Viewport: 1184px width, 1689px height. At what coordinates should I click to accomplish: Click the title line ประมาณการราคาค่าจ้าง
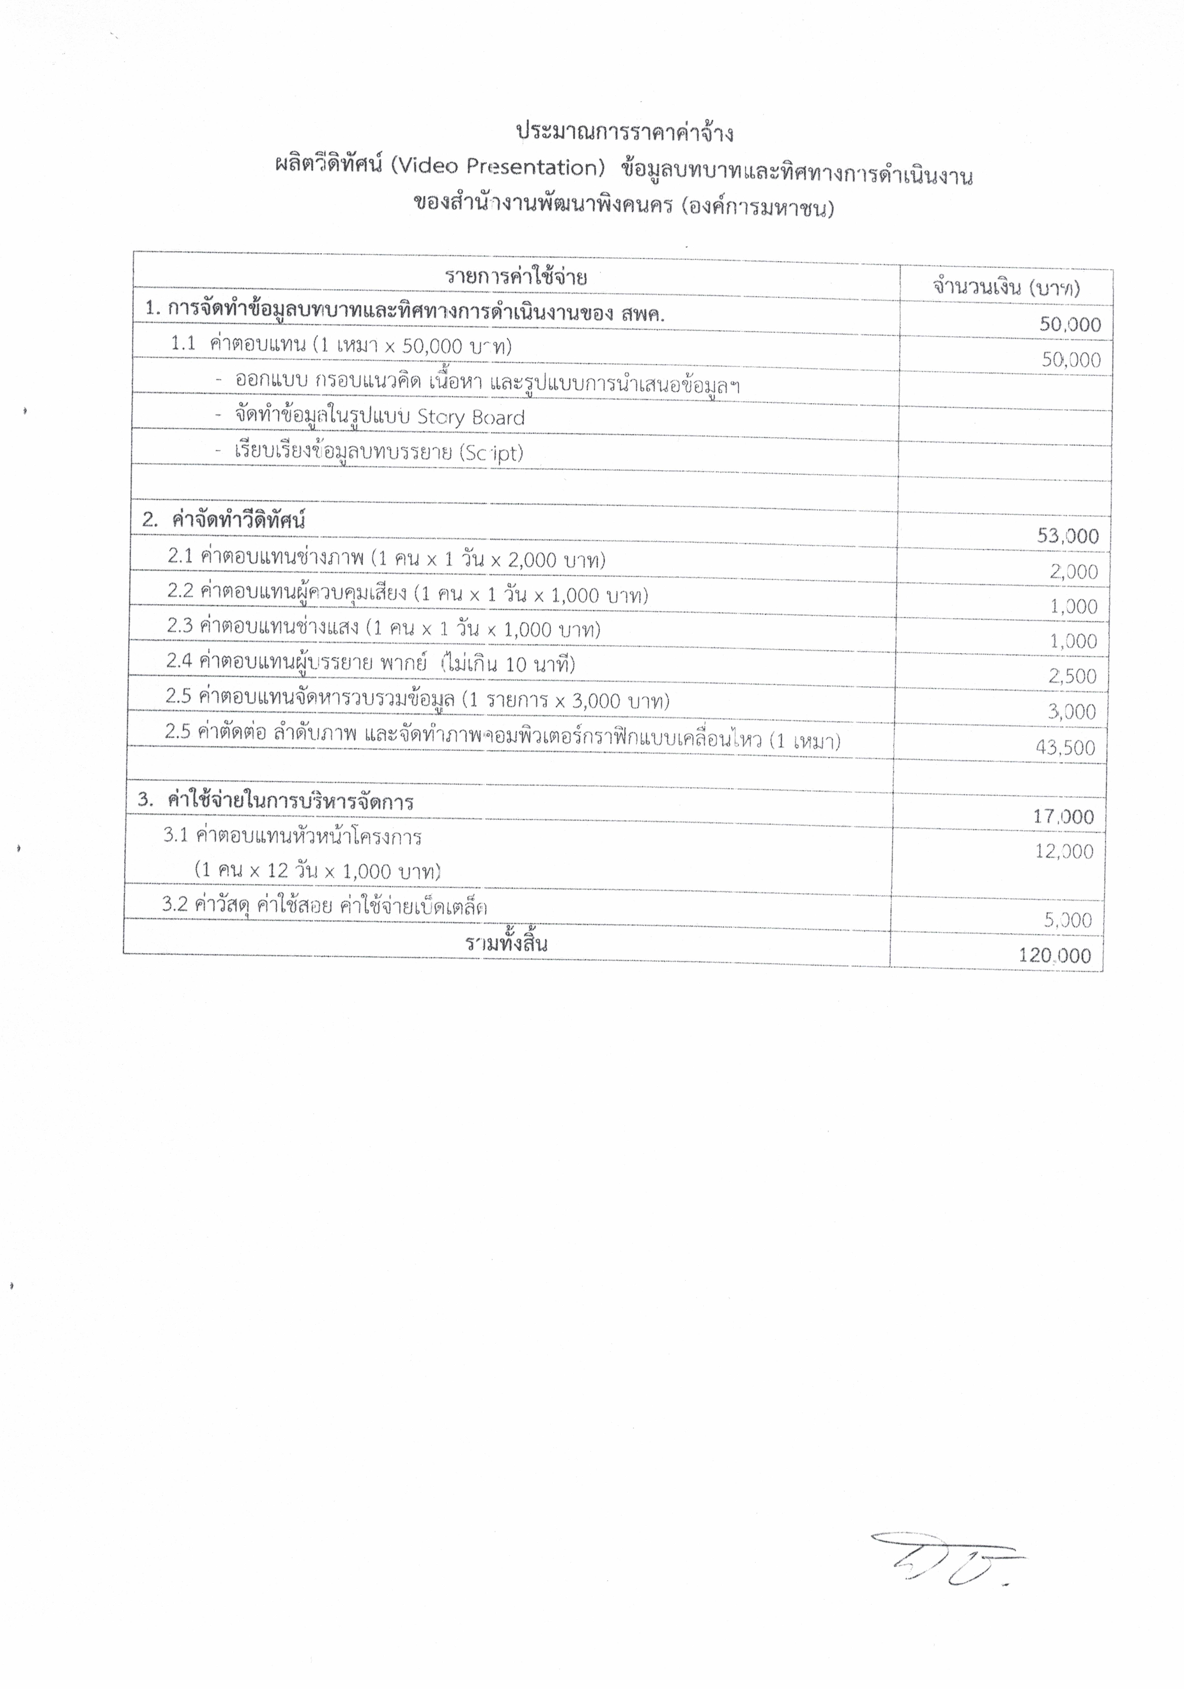point(624,133)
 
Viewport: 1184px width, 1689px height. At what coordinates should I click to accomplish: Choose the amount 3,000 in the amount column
point(1072,711)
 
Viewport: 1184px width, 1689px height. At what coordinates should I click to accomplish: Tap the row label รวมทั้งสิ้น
point(507,944)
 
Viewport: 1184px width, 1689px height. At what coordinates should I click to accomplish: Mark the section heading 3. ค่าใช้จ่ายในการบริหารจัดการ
point(276,801)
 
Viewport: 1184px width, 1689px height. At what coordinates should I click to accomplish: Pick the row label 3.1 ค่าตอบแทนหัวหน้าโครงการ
point(293,836)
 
